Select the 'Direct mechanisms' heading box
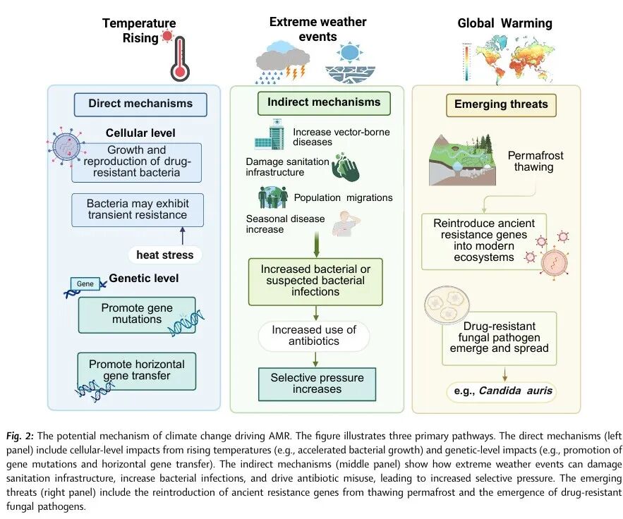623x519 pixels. point(140,104)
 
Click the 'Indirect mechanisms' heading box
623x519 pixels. point(324,102)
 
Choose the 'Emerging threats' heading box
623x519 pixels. point(501,104)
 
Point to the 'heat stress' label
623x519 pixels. point(165,254)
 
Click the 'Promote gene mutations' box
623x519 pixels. point(136,315)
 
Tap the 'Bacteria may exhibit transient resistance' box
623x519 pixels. point(137,209)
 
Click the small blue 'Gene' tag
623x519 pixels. point(85,283)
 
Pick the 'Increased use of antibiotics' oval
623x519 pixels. point(315,336)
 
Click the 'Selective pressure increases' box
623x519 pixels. point(317,384)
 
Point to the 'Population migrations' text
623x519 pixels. point(343,197)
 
